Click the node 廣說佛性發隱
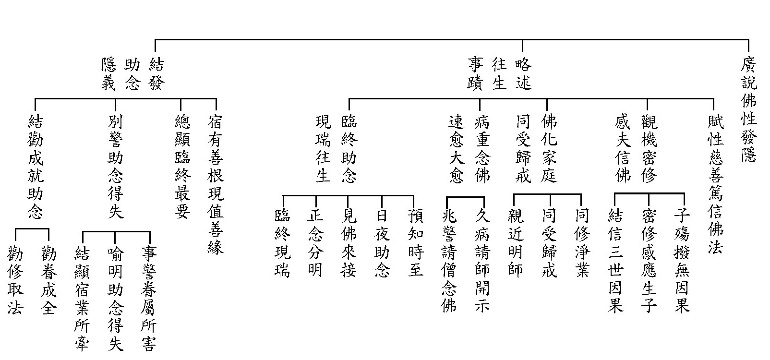[x=748, y=110]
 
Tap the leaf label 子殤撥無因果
[x=682, y=261]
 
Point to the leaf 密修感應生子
[x=649, y=261]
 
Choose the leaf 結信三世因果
[x=615, y=261]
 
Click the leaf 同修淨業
[x=582, y=243]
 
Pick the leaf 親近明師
[x=515, y=243]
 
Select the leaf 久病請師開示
[x=482, y=261]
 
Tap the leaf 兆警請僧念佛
[x=449, y=261]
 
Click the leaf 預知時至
[x=416, y=243]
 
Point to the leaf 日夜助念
[x=382, y=243]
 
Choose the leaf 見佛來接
[x=349, y=243]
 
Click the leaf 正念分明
[x=315, y=243]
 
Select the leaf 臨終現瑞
[x=282, y=243]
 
